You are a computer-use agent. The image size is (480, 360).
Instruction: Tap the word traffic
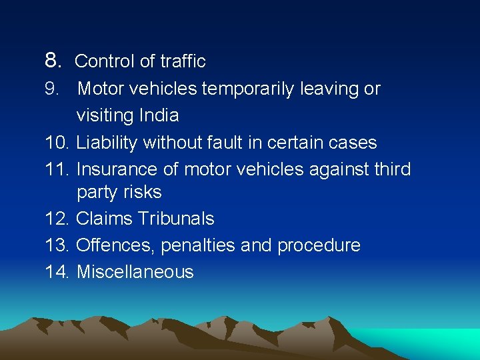183,61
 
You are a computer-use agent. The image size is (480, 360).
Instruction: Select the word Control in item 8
105,61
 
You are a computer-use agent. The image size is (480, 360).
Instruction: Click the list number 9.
52,89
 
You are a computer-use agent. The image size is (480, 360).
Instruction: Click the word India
159,115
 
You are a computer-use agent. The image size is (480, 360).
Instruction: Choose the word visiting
105,115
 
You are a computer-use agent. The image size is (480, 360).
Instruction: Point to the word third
392,169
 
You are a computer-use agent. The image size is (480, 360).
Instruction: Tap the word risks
144,192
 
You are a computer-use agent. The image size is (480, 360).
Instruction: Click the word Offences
116,245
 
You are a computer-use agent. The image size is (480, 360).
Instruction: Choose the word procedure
319,245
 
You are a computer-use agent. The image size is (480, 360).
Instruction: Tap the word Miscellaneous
135,272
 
